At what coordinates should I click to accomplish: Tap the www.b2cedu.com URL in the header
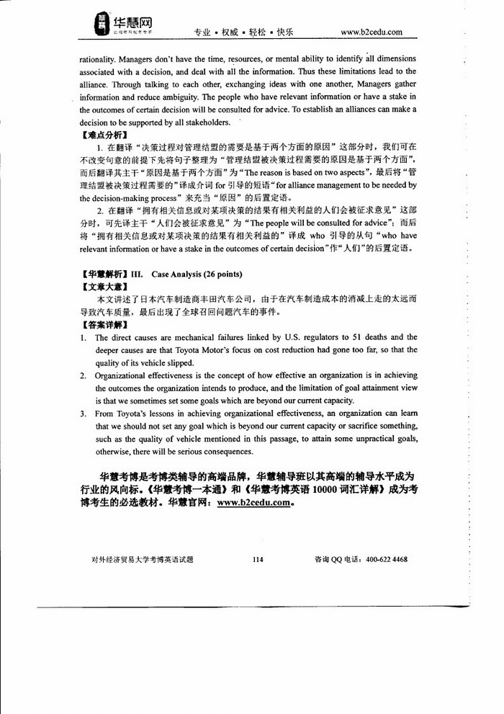(x=371, y=32)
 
